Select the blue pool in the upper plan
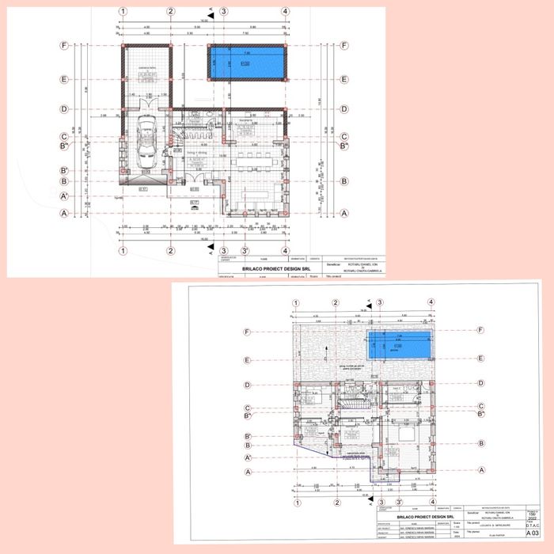(x=246, y=62)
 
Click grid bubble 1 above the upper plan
(x=123, y=13)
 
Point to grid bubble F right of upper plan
(x=344, y=46)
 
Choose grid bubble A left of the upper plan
(x=65, y=214)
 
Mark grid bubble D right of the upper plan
(x=344, y=109)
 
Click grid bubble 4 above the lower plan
(x=431, y=302)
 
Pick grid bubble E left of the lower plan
(x=249, y=359)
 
